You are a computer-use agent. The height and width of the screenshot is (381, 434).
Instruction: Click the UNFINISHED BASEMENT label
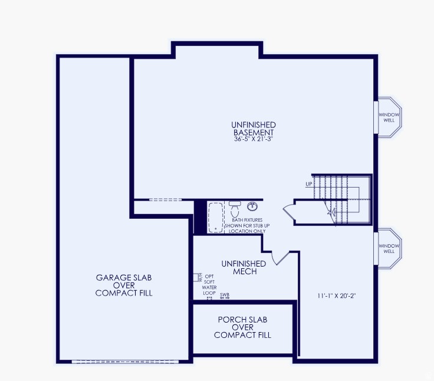254,129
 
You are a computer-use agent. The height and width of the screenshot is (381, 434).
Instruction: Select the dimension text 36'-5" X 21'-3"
254,140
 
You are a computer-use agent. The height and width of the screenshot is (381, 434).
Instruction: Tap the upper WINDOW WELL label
389,117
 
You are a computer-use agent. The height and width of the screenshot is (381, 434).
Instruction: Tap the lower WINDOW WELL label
389,248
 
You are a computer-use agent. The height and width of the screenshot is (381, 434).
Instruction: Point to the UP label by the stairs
308,184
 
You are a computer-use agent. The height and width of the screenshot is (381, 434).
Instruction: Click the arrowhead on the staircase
331,211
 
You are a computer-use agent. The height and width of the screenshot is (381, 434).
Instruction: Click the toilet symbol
235,208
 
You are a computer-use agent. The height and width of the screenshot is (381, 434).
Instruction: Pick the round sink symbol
252,206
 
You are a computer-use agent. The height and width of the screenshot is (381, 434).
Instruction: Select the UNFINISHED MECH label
244,267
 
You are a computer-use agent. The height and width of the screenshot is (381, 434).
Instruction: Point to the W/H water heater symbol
198,277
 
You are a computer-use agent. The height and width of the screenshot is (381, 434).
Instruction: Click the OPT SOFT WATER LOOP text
209,284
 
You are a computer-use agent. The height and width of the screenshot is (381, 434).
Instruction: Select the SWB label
225,294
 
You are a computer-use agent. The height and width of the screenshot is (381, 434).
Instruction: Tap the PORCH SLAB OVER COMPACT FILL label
242,327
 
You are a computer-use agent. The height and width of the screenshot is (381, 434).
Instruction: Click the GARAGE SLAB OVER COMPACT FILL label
124,285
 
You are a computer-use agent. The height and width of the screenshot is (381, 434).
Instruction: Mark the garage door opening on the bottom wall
123,361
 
